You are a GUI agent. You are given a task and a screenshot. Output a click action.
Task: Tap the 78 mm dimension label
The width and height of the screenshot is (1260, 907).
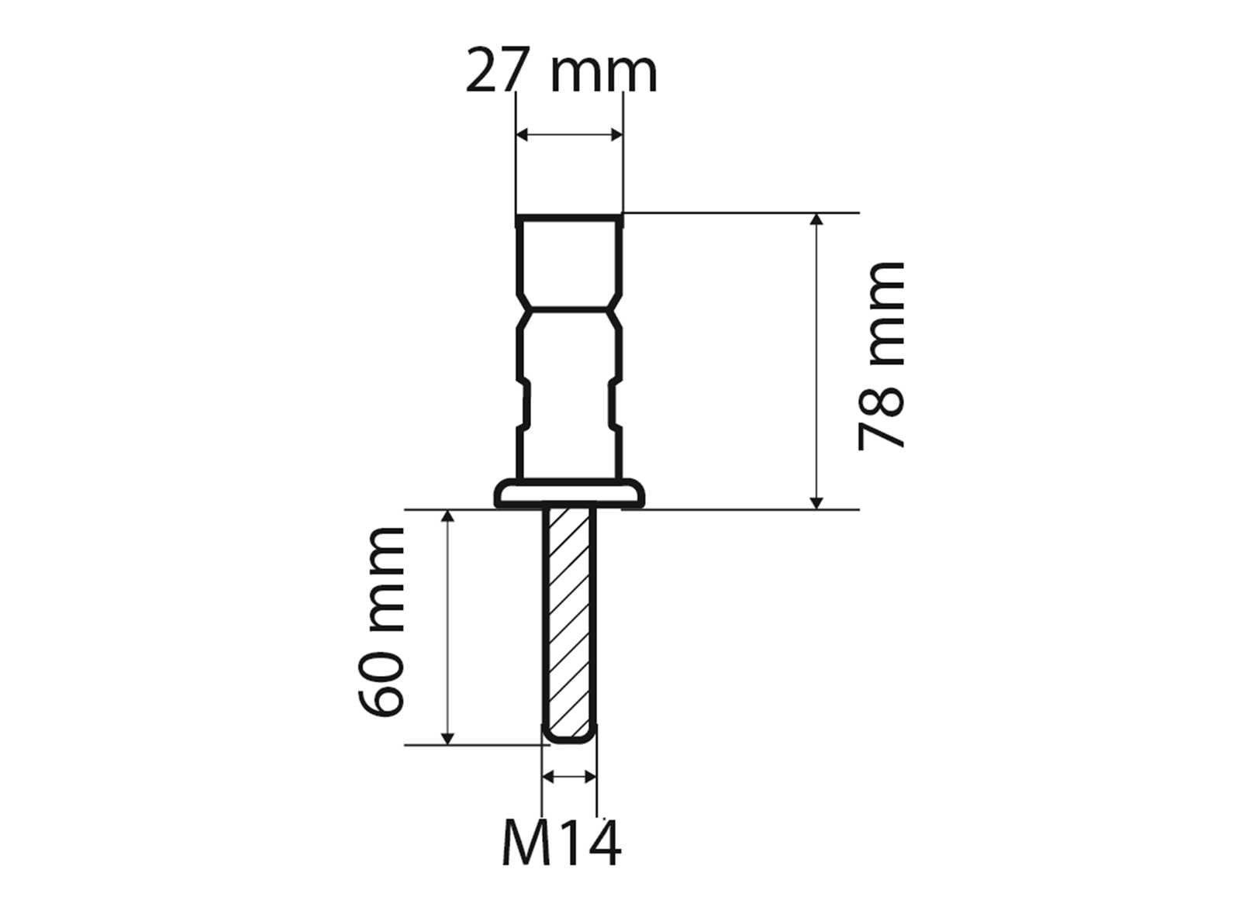pos(882,357)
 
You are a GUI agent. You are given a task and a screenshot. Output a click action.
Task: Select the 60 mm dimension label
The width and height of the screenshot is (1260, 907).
pos(381,622)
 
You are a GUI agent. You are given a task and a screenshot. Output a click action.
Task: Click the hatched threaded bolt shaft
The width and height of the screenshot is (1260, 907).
pos(570,620)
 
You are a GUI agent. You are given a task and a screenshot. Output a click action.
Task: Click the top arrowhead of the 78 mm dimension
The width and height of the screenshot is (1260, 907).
pos(816,219)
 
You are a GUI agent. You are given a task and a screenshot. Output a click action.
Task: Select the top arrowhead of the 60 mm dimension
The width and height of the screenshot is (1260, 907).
pos(447,517)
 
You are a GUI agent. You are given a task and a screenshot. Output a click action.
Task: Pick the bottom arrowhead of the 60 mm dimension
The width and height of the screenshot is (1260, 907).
pos(447,738)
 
